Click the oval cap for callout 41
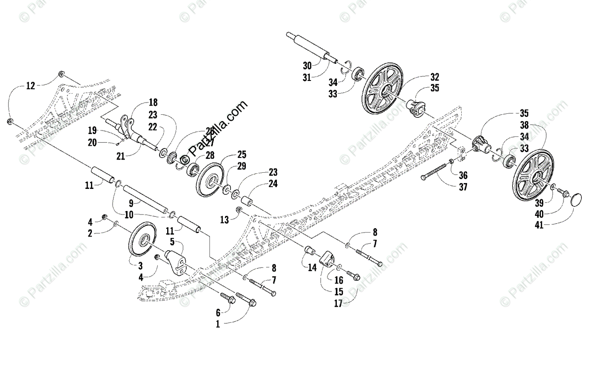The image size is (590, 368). (x=576, y=202)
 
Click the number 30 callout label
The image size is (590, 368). (x=307, y=65)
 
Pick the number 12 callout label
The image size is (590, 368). (x=30, y=86)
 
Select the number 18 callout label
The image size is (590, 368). (x=153, y=102)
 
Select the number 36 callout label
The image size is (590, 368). (x=463, y=175)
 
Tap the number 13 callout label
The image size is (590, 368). (x=224, y=221)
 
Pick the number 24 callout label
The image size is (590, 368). (x=273, y=184)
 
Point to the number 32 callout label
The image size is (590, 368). (x=434, y=77)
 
